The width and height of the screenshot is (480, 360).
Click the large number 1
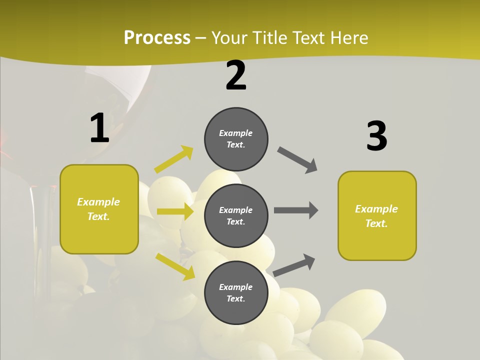point(99,128)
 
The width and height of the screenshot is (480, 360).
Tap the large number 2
point(236,75)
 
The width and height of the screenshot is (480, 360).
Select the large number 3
point(376,136)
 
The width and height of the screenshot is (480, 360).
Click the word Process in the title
point(157,37)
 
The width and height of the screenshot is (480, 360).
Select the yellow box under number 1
point(99,209)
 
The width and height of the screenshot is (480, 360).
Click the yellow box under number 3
point(377,215)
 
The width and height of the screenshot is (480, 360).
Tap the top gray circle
point(236,139)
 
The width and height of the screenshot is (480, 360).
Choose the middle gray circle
point(236,215)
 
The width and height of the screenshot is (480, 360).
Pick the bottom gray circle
point(236,292)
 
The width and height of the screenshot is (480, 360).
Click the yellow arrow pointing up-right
point(174,159)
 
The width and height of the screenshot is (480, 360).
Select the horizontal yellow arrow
point(175,211)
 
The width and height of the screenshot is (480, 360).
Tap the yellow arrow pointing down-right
point(175,266)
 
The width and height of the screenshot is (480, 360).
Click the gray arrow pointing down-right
point(297,160)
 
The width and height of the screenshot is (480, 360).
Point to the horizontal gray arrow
point(296,210)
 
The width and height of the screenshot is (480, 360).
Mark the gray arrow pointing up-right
point(294,265)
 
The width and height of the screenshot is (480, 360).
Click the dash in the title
point(201,38)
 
